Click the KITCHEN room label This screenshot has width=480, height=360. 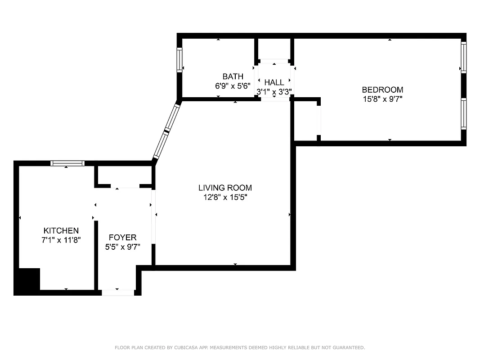[x=61, y=231]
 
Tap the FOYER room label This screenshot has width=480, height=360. [x=122, y=238]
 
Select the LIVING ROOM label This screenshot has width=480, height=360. [x=225, y=188]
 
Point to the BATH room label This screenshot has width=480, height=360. [x=233, y=76]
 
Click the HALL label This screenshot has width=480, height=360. [x=274, y=83]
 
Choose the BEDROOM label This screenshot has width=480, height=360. [x=382, y=90]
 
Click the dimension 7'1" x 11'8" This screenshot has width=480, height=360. [x=61, y=240]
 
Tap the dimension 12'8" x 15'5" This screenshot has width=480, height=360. [x=225, y=197]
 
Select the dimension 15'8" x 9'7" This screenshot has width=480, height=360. [x=382, y=99]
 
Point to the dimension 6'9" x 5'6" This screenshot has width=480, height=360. [x=233, y=86]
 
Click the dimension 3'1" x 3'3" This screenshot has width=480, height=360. [x=274, y=92]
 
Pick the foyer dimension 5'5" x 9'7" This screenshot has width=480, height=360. [x=122, y=247]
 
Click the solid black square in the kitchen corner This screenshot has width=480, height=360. [x=27, y=280]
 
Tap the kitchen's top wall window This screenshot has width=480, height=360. [x=67, y=163]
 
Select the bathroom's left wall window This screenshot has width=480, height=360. [x=179, y=60]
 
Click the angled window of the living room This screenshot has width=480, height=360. [x=166, y=130]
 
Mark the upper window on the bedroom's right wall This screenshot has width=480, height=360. [x=463, y=57]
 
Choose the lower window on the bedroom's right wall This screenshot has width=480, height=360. [x=463, y=113]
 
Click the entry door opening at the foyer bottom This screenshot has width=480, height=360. [x=118, y=292]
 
